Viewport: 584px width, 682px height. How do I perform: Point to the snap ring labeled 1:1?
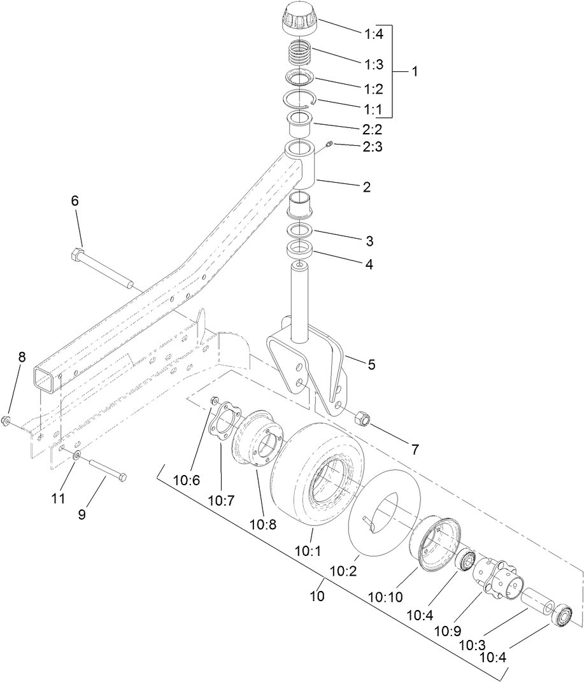(299, 103)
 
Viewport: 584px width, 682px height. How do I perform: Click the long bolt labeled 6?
(102, 267)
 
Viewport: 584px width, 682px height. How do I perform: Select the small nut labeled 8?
(6, 420)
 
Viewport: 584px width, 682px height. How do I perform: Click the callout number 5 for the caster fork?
(371, 365)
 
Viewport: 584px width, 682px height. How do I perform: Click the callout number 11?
(58, 499)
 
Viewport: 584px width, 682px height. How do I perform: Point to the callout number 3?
(369, 241)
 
